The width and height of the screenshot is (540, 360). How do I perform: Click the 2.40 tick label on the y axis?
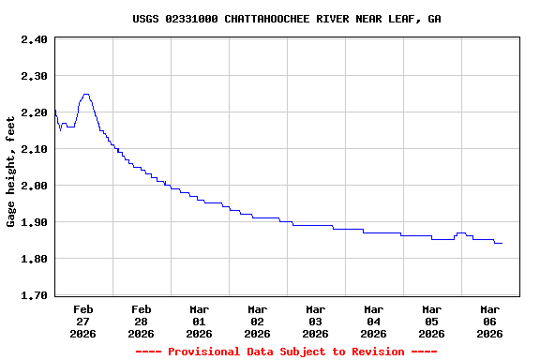34,39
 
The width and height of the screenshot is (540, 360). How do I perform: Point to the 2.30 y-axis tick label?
34,76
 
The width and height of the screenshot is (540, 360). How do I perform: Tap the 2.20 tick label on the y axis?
34,112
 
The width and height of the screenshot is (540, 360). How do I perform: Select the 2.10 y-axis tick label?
34,149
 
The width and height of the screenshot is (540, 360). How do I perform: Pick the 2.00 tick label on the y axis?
34,186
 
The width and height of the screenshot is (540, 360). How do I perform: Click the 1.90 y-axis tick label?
34,222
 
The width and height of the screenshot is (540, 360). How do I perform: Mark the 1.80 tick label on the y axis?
34,259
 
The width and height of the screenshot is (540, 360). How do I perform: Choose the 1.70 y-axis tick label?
34,295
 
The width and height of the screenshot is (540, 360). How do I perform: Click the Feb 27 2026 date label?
83,321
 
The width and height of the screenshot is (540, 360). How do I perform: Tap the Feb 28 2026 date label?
142,321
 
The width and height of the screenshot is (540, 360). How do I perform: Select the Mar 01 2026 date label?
200,321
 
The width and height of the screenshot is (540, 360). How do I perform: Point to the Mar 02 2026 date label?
258,321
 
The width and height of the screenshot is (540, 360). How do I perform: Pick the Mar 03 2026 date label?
316,321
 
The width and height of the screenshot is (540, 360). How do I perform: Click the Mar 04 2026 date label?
374,321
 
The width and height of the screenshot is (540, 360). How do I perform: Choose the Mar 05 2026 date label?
432,321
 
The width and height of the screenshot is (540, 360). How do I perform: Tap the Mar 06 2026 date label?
490,321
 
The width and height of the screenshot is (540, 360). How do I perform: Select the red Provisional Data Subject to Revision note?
286,352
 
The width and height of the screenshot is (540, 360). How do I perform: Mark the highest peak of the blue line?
85,94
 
